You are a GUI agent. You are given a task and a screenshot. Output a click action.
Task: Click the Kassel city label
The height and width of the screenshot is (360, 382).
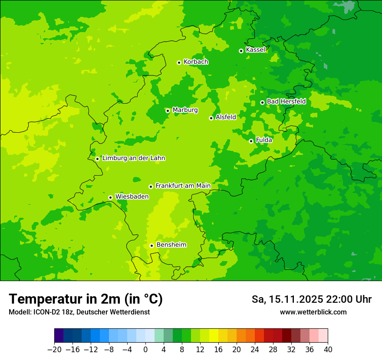(x=255, y=50)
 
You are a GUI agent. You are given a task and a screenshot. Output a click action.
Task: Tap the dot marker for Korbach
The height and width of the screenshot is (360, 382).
(x=179, y=62)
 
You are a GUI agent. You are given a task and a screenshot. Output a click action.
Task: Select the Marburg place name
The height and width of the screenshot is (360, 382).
(x=185, y=110)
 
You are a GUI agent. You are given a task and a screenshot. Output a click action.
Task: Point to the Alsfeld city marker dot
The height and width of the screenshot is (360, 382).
(x=211, y=118)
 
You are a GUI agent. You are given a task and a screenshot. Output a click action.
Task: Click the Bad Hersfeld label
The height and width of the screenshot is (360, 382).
(x=286, y=102)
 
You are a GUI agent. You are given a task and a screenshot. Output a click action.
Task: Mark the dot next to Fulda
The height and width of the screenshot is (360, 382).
(x=251, y=141)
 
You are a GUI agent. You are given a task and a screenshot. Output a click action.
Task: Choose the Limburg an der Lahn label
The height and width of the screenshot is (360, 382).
(x=133, y=158)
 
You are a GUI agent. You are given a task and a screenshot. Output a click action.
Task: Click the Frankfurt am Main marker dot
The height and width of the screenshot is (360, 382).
(x=151, y=187)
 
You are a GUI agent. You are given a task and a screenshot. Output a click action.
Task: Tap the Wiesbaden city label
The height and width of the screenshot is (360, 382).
(x=132, y=197)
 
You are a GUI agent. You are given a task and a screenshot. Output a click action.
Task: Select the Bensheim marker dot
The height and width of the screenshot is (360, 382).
(x=151, y=245)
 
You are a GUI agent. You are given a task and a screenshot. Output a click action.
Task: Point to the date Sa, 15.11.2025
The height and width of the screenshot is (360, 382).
(x=287, y=299)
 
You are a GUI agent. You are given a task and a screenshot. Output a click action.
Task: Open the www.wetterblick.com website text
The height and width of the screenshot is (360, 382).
(x=313, y=312)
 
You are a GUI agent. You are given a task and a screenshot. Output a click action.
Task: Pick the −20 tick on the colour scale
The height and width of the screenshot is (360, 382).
(x=54, y=350)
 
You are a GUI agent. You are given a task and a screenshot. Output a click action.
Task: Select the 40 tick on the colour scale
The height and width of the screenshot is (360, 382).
(x=328, y=350)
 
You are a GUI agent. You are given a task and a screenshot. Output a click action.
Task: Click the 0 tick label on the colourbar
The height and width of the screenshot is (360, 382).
(x=145, y=350)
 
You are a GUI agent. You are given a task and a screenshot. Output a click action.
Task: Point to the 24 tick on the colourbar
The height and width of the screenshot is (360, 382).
(x=255, y=350)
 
